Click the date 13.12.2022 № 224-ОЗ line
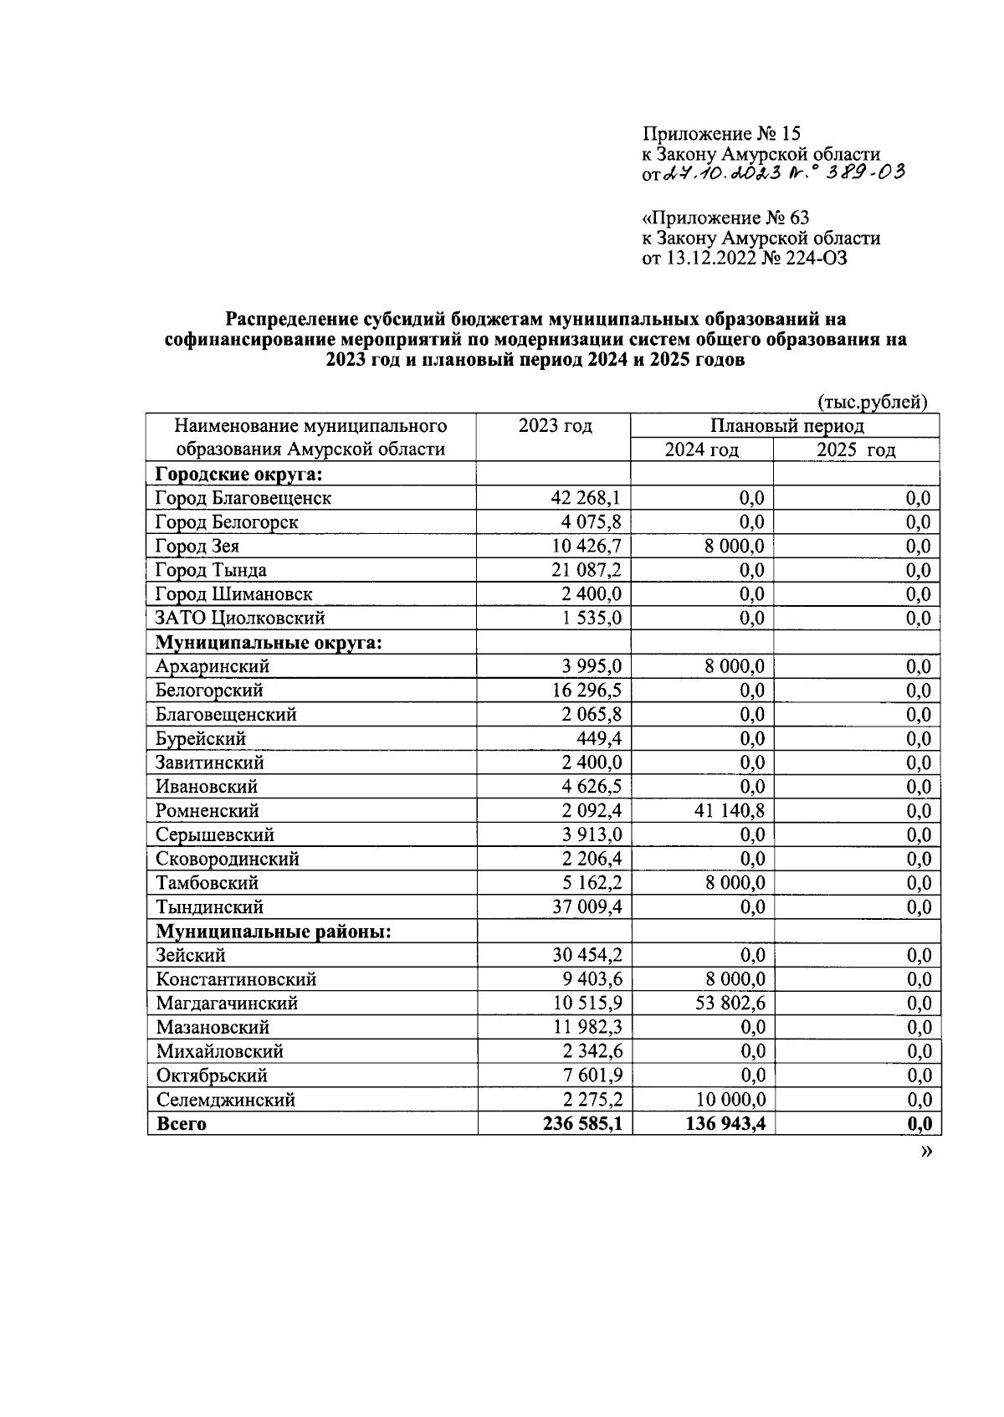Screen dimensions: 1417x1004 (x=745, y=259)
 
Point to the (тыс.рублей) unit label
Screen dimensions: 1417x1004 (x=872, y=403)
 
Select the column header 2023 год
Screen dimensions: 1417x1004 (x=555, y=426)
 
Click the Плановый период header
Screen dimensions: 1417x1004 (x=786, y=426)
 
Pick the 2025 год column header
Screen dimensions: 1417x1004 (x=856, y=450)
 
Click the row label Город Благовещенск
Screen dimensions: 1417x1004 (x=243, y=498)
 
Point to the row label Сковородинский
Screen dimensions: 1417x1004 (x=227, y=859)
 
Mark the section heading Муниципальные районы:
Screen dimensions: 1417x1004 (x=274, y=932)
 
